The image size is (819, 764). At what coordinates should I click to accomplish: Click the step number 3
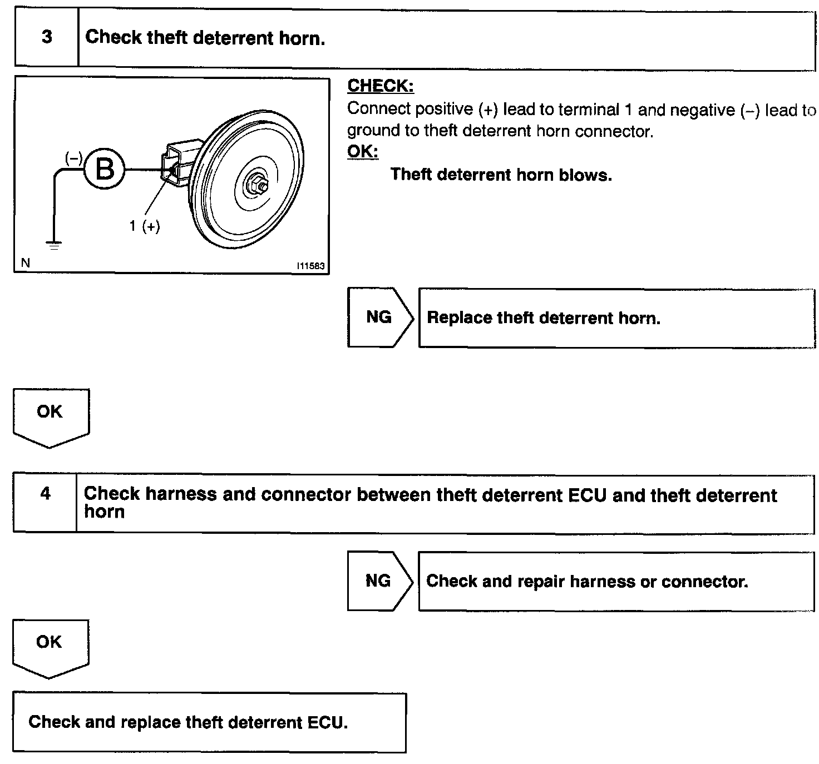(47, 37)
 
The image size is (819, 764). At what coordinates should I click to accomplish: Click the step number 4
(46, 493)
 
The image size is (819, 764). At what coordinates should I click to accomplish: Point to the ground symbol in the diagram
(54, 245)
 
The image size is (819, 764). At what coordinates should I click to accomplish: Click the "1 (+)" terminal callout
(145, 226)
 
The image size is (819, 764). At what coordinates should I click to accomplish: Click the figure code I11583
(310, 266)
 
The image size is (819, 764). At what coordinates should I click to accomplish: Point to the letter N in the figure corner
(25, 262)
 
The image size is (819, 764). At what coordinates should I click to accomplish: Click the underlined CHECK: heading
(381, 86)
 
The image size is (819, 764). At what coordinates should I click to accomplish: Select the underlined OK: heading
(362, 151)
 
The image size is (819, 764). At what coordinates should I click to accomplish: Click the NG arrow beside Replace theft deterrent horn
(379, 317)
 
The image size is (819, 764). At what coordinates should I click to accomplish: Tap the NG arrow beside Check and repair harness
(378, 581)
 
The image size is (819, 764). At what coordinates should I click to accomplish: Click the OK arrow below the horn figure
(50, 414)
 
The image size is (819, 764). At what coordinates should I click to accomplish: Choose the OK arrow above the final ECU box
(50, 645)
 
